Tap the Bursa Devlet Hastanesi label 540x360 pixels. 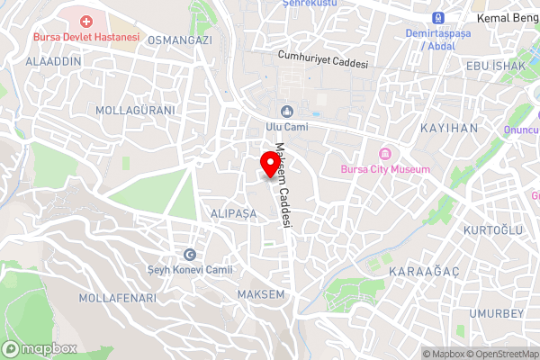pyautogui.click(x=86, y=37)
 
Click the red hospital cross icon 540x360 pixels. pyautogui.click(x=86, y=21)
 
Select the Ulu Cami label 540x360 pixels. pyautogui.click(x=286, y=127)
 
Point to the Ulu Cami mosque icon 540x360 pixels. pyautogui.click(x=287, y=111)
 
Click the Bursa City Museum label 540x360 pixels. pyautogui.click(x=385, y=168)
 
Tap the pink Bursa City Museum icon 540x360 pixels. pyautogui.click(x=385, y=152)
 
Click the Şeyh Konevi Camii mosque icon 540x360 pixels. pyautogui.click(x=190, y=255)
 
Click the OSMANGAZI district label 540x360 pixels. pyautogui.click(x=180, y=40)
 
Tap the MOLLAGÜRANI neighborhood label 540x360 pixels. pyautogui.click(x=135, y=109)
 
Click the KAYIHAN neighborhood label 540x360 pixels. pyautogui.click(x=449, y=129)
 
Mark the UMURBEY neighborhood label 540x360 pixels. pyautogui.click(x=496, y=313)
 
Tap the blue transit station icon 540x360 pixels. pyautogui.click(x=438, y=18)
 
